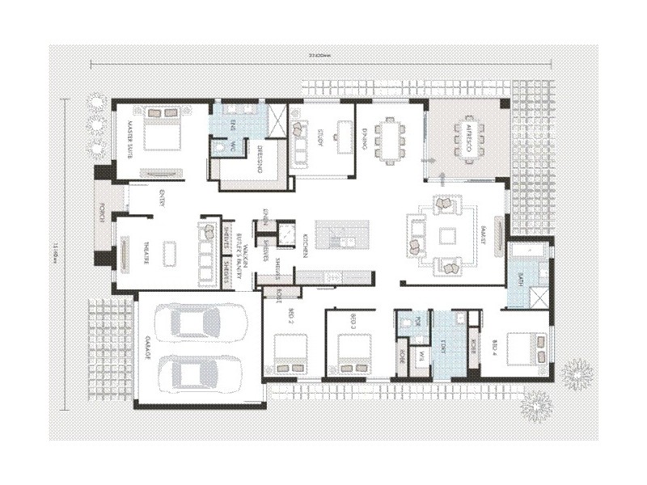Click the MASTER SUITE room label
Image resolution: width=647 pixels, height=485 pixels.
127,141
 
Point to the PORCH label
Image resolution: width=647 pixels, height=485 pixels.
102,213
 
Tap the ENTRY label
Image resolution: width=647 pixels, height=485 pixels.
163,200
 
